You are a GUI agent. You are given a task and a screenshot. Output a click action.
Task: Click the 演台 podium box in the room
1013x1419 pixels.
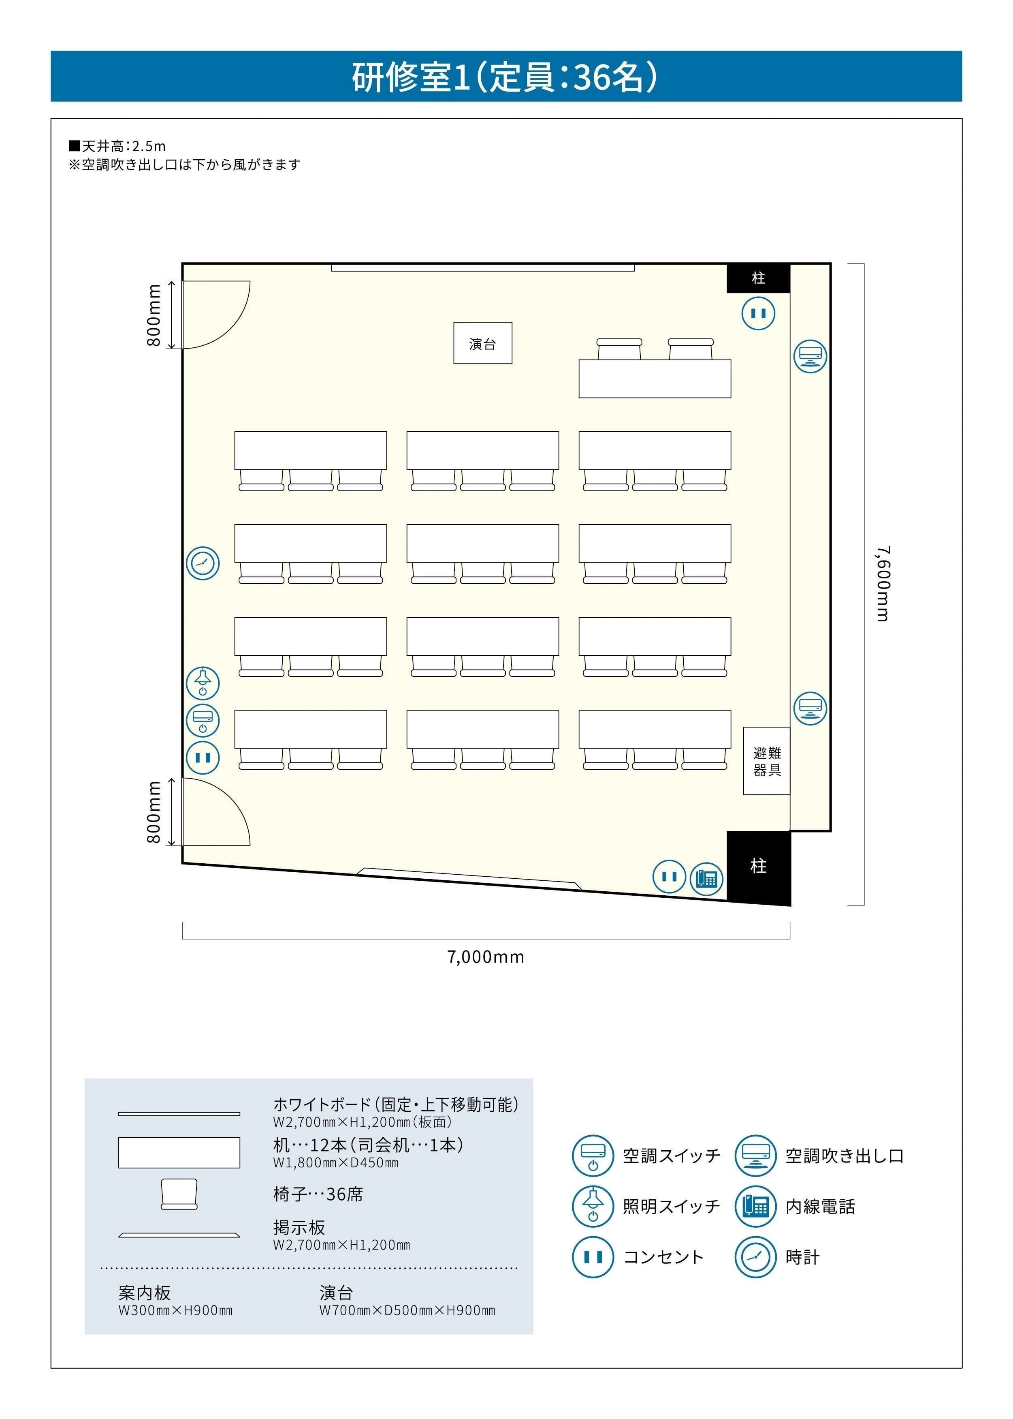coord(482,343)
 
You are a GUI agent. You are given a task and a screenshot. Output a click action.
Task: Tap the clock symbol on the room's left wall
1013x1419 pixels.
coord(203,563)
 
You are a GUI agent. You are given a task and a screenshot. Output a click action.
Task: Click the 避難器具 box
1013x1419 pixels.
coord(767,761)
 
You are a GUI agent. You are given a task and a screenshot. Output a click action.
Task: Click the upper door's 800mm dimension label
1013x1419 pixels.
coord(154,315)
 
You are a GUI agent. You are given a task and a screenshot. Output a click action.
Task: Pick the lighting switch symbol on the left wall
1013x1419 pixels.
coord(203,682)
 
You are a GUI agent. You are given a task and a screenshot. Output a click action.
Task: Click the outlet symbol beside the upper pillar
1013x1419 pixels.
coord(758,313)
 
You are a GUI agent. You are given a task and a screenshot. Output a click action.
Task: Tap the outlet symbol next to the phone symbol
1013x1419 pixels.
coord(669,876)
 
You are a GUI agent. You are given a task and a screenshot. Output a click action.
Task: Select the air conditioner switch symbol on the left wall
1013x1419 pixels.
coord(203,720)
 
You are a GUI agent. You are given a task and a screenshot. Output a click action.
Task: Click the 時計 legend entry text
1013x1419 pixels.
coord(802,1257)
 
